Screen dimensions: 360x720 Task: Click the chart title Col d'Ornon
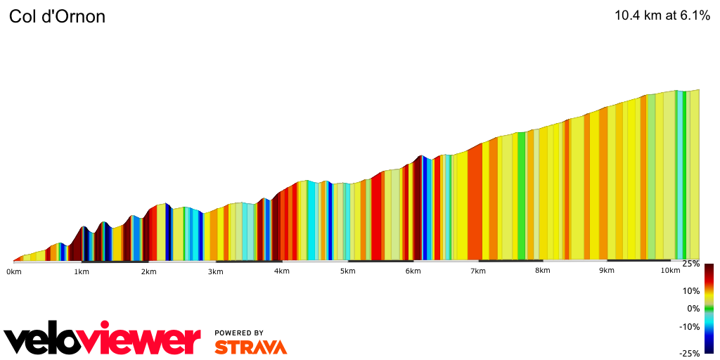(57, 17)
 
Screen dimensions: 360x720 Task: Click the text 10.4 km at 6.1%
(662, 16)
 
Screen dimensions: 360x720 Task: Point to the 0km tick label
(13, 271)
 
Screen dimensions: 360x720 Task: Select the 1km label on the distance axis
(81, 271)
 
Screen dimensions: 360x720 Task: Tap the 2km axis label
(148, 271)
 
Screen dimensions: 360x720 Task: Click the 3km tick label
(215, 271)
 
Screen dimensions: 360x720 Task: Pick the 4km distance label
(281, 271)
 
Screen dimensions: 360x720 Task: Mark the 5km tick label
(347, 271)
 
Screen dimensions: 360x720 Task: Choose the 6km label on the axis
(413, 271)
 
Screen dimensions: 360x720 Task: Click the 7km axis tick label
(478, 271)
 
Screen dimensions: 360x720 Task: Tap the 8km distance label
(542, 271)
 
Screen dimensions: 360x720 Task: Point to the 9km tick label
(607, 271)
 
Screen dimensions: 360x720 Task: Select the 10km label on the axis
(670, 271)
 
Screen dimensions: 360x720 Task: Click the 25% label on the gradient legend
(692, 264)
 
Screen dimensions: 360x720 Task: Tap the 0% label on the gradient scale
(694, 309)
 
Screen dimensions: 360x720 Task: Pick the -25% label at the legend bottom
(690, 353)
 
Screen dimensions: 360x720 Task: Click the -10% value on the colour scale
(690, 326)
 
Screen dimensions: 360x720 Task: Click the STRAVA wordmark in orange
(250, 347)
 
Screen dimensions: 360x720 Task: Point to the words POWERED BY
(239, 333)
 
